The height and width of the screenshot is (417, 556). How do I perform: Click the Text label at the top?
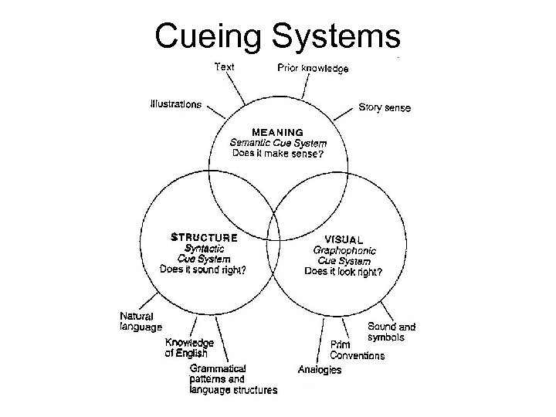pyautogui.click(x=224, y=67)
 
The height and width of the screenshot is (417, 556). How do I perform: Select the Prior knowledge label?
pyautogui.click(x=313, y=68)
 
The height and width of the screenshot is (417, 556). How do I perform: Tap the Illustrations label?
pyautogui.click(x=177, y=103)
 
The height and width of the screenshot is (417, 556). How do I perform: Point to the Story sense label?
pyautogui.click(x=385, y=107)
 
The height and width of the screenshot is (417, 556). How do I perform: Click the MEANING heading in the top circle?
pyautogui.click(x=279, y=132)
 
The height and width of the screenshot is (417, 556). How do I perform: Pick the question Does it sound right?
pyautogui.click(x=203, y=270)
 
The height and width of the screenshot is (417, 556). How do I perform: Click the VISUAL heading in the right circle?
pyautogui.click(x=344, y=239)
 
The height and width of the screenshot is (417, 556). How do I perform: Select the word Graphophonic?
pyautogui.click(x=344, y=249)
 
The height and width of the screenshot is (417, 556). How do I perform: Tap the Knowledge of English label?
pyautogui.click(x=189, y=347)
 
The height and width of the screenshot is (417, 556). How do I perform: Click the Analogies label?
pyautogui.click(x=320, y=370)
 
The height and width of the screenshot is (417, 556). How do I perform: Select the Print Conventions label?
pyautogui.click(x=357, y=350)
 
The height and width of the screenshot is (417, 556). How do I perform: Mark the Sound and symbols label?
pyautogui.click(x=392, y=332)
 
